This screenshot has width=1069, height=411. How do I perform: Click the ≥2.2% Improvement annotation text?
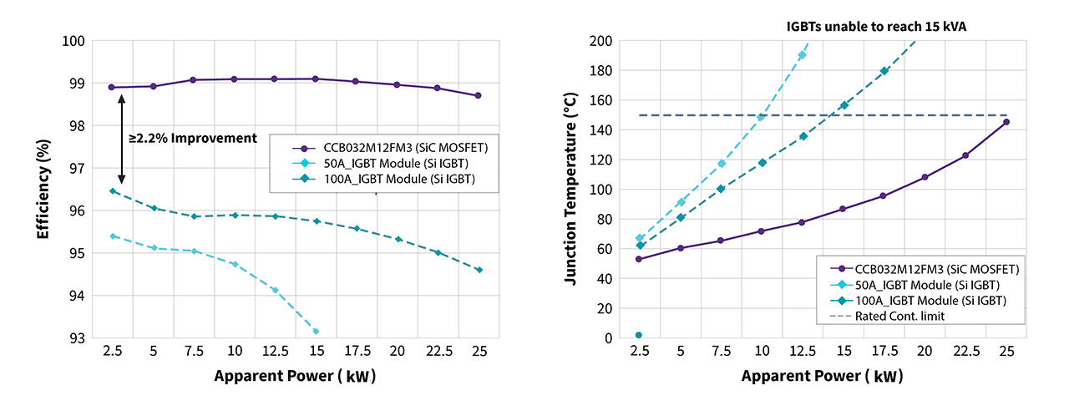192,137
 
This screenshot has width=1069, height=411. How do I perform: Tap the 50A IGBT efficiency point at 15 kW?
316,332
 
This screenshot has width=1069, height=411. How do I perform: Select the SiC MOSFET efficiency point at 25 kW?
478,95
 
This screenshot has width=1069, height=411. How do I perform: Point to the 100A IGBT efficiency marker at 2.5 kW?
112,191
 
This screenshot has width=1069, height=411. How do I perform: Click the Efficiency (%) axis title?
43,190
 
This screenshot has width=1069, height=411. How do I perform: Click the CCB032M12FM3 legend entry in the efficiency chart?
393,147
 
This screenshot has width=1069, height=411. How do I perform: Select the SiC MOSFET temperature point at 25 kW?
1006,122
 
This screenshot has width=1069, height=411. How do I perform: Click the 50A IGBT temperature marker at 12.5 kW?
802,55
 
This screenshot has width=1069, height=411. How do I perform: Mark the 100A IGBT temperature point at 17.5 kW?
884,71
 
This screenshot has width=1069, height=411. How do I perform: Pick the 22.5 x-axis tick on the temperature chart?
965,352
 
